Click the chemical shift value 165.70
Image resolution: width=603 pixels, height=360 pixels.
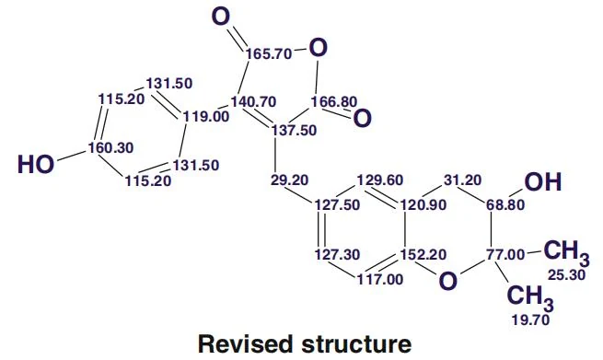click(269, 54)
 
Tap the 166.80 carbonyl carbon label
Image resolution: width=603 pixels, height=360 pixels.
click(334, 102)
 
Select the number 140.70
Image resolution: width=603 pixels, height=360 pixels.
click(253, 102)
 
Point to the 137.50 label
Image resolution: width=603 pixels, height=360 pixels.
click(295, 131)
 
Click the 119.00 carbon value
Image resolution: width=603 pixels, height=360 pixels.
click(205, 116)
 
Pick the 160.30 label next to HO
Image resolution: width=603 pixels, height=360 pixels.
click(110, 147)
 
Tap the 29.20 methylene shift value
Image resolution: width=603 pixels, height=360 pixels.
click(289, 180)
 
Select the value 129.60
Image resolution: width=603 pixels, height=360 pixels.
click(380, 180)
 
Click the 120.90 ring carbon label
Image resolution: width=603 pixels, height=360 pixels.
click(423, 205)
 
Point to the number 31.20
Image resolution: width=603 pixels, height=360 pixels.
click(462, 180)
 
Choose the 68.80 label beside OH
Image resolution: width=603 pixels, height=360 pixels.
click(505, 205)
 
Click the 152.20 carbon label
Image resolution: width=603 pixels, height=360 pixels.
click(423, 255)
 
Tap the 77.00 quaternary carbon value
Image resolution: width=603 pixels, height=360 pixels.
click(505, 255)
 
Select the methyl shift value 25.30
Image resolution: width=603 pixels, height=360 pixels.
click(567, 275)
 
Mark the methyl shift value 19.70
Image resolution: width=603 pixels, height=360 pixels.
click(530, 320)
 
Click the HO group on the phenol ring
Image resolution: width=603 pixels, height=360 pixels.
click(36, 165)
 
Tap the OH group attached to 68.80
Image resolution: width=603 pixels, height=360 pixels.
click(543, 182)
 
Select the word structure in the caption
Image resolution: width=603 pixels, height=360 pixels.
click(356, 344)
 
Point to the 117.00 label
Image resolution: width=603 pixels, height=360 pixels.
click(380, 280)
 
